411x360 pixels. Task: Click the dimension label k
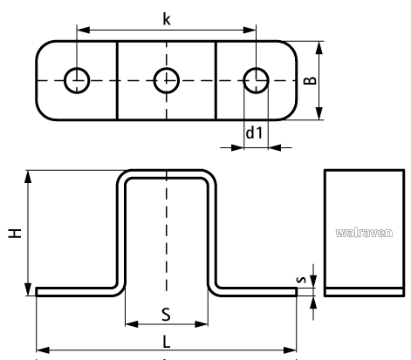coord(167,19)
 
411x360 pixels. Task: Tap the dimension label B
coord(310,80)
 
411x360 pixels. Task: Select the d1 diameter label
coord(254,132)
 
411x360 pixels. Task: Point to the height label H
coord(15,233)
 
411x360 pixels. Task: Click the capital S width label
coord(166,315)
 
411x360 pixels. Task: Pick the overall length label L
coord(167,342)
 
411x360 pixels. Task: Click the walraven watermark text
coord(364,233)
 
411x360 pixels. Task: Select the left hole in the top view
coord(77,80)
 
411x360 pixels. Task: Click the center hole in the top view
coord(167,80)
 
